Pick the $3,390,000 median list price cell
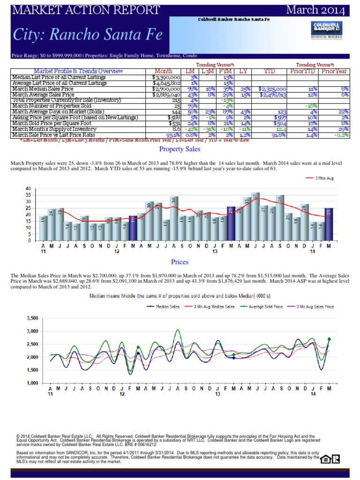pos(166,77)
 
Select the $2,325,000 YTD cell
pos(273,89)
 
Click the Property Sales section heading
pos(180,149)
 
